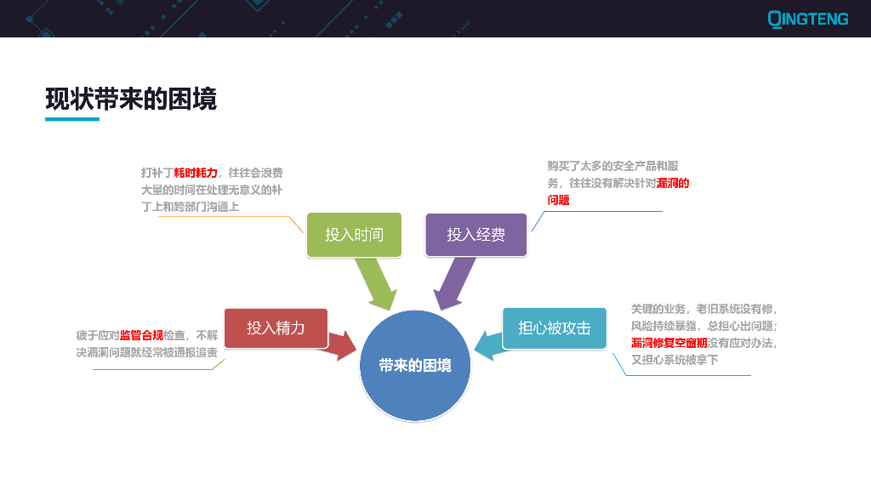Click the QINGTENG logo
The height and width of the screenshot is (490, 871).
(x=807, y=18)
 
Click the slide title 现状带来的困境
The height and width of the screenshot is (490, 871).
(x=131, y=99)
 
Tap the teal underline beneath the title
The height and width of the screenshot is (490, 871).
(x=72, y=119)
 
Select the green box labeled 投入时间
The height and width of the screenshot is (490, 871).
(x=354, y=234)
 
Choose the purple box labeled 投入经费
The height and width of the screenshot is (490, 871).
(x=475, y=234)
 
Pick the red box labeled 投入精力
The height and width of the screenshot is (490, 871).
(x=276, y=328)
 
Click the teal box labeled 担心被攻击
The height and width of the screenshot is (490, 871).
(x=554, y=328)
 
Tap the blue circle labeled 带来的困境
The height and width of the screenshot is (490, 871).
(x=415, y=366)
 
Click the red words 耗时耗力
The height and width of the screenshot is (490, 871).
(x=196, y=173)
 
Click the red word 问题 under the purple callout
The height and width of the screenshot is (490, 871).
(x=558, y=200)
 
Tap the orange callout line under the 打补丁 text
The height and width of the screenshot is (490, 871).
(x=221, y=216)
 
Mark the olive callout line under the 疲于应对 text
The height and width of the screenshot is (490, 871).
(x=153, y=369)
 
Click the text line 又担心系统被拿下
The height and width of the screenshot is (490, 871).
(x=675, y=360)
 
